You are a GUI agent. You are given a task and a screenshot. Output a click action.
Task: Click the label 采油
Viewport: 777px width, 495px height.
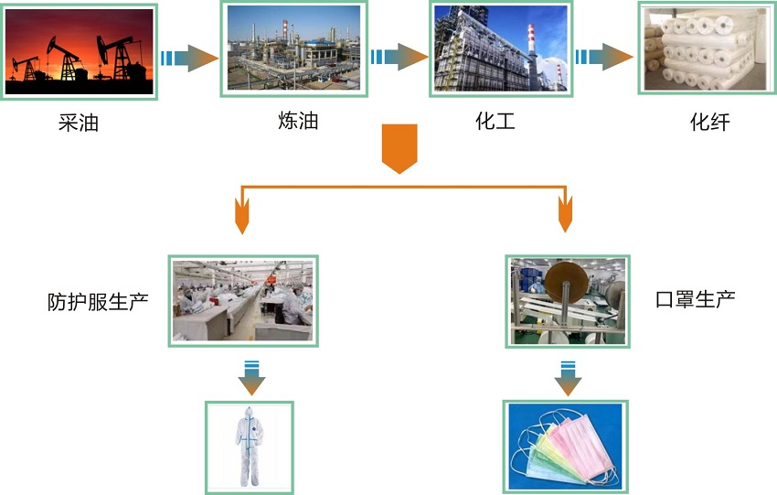pos(78,122)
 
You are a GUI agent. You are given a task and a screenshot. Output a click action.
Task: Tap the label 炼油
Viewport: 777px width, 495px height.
pos(298,120)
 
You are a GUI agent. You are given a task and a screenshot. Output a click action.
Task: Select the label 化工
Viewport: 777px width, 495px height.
pos(495,120)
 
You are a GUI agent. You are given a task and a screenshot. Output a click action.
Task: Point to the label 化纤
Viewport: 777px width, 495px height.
pos(709,122)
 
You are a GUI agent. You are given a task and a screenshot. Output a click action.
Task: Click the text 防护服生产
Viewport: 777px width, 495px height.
pos(98,301)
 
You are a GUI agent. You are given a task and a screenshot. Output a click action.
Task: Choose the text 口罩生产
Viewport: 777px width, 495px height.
pos(696,299)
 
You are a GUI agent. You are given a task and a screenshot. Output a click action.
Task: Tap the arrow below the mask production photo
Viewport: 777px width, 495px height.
pos(567,377)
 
